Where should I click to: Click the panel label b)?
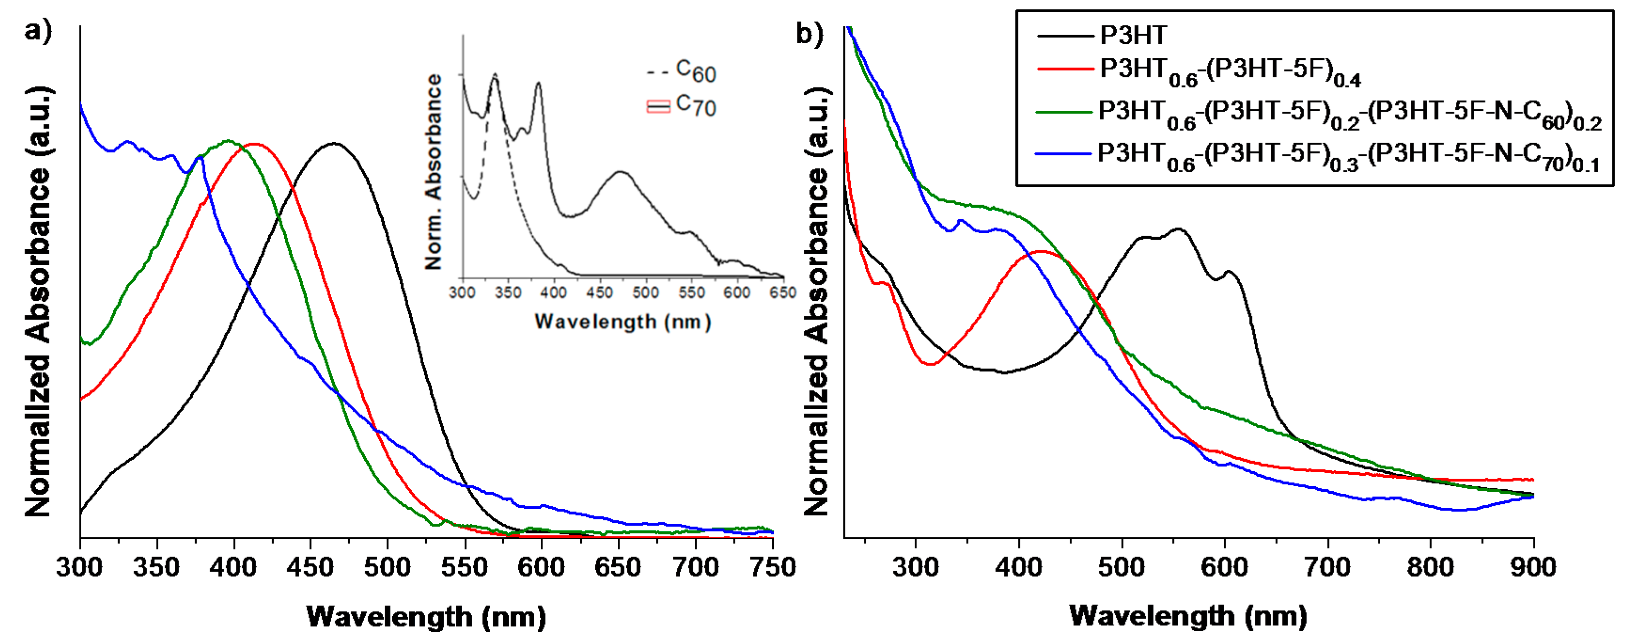tap(809, 33)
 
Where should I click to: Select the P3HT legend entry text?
tap(1134, 35)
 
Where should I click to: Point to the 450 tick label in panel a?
tap(310, 568)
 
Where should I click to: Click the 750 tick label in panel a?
tap(772, 568)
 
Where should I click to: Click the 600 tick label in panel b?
tap(1224, 568)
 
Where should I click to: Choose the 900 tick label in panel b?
tap(1533, 568)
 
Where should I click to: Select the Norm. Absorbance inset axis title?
tap(433, 171)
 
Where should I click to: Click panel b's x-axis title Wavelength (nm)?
tap(1188, 616)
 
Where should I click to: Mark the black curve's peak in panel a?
tap(334, 144)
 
